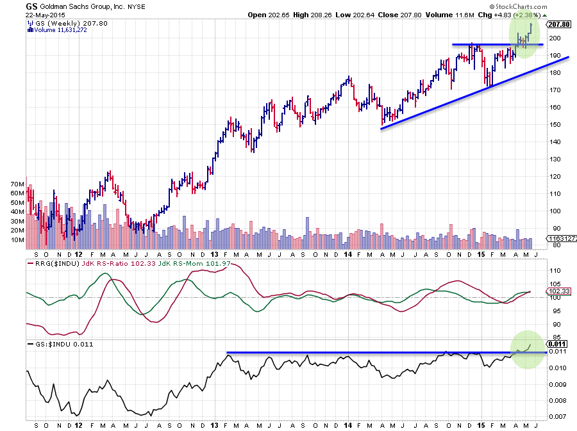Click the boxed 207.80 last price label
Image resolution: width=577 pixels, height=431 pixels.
[x=558, y=24]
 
